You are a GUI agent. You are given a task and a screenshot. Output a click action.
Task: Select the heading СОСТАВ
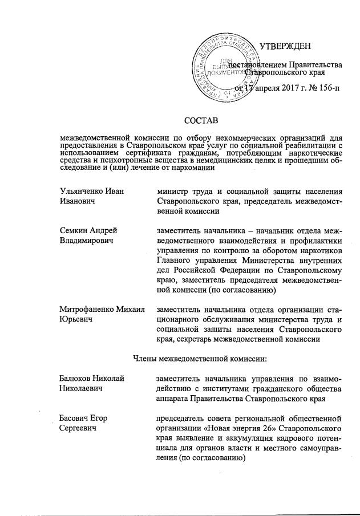click(x=201, y=120)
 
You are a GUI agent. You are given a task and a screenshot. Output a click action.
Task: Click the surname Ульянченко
click(x=83, y=189)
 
